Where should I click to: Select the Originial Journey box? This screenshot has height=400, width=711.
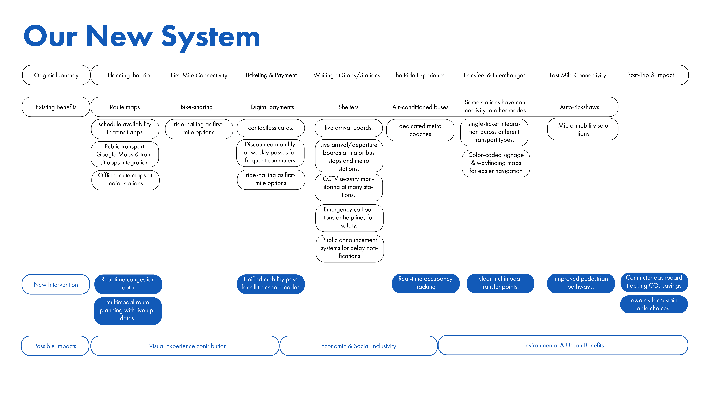(56, 75)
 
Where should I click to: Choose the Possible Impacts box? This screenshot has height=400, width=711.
(55, 346)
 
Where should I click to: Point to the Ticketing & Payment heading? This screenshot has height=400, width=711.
(270, 75)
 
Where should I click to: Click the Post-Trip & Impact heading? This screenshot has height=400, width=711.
(651, 75)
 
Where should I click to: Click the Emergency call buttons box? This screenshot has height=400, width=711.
(349, 218)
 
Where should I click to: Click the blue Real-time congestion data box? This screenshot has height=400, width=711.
(128, 283)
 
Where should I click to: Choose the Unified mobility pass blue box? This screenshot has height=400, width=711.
(270, 283)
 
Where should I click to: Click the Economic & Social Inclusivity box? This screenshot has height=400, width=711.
(359, 346)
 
